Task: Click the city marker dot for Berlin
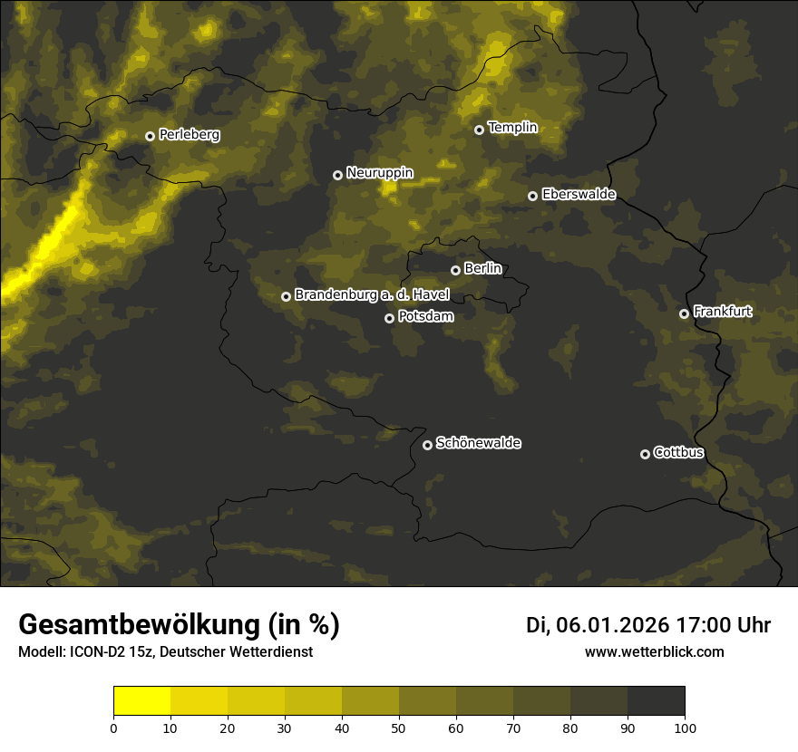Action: [x=455, y=270]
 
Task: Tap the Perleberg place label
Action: [x=189, y=135]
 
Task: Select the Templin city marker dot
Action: [x=479, y=130]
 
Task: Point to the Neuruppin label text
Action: [x=379, y=172]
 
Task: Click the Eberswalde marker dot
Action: [x=532, y=196]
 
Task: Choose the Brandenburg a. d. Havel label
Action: [x=372, y=295]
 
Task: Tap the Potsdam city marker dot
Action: [x=389, y=318]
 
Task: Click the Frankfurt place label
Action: [x=722, y=312]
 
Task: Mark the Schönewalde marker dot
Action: [x=427, y=445]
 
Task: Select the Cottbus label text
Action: [x=678, y=452]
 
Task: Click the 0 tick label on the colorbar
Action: [x=113, y=728]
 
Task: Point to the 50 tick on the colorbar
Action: [x=399, y=728]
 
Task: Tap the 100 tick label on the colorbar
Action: [x=685, y=728]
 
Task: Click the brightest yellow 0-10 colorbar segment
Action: [x=141, y=701]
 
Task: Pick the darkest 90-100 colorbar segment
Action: [x=656, y=701]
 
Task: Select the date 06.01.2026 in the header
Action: [x=613, y=625]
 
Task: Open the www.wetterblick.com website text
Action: [x=654, y=651]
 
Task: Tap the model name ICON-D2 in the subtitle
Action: [x=94, y=652]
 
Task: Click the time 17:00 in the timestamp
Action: [x=699, y=625]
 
